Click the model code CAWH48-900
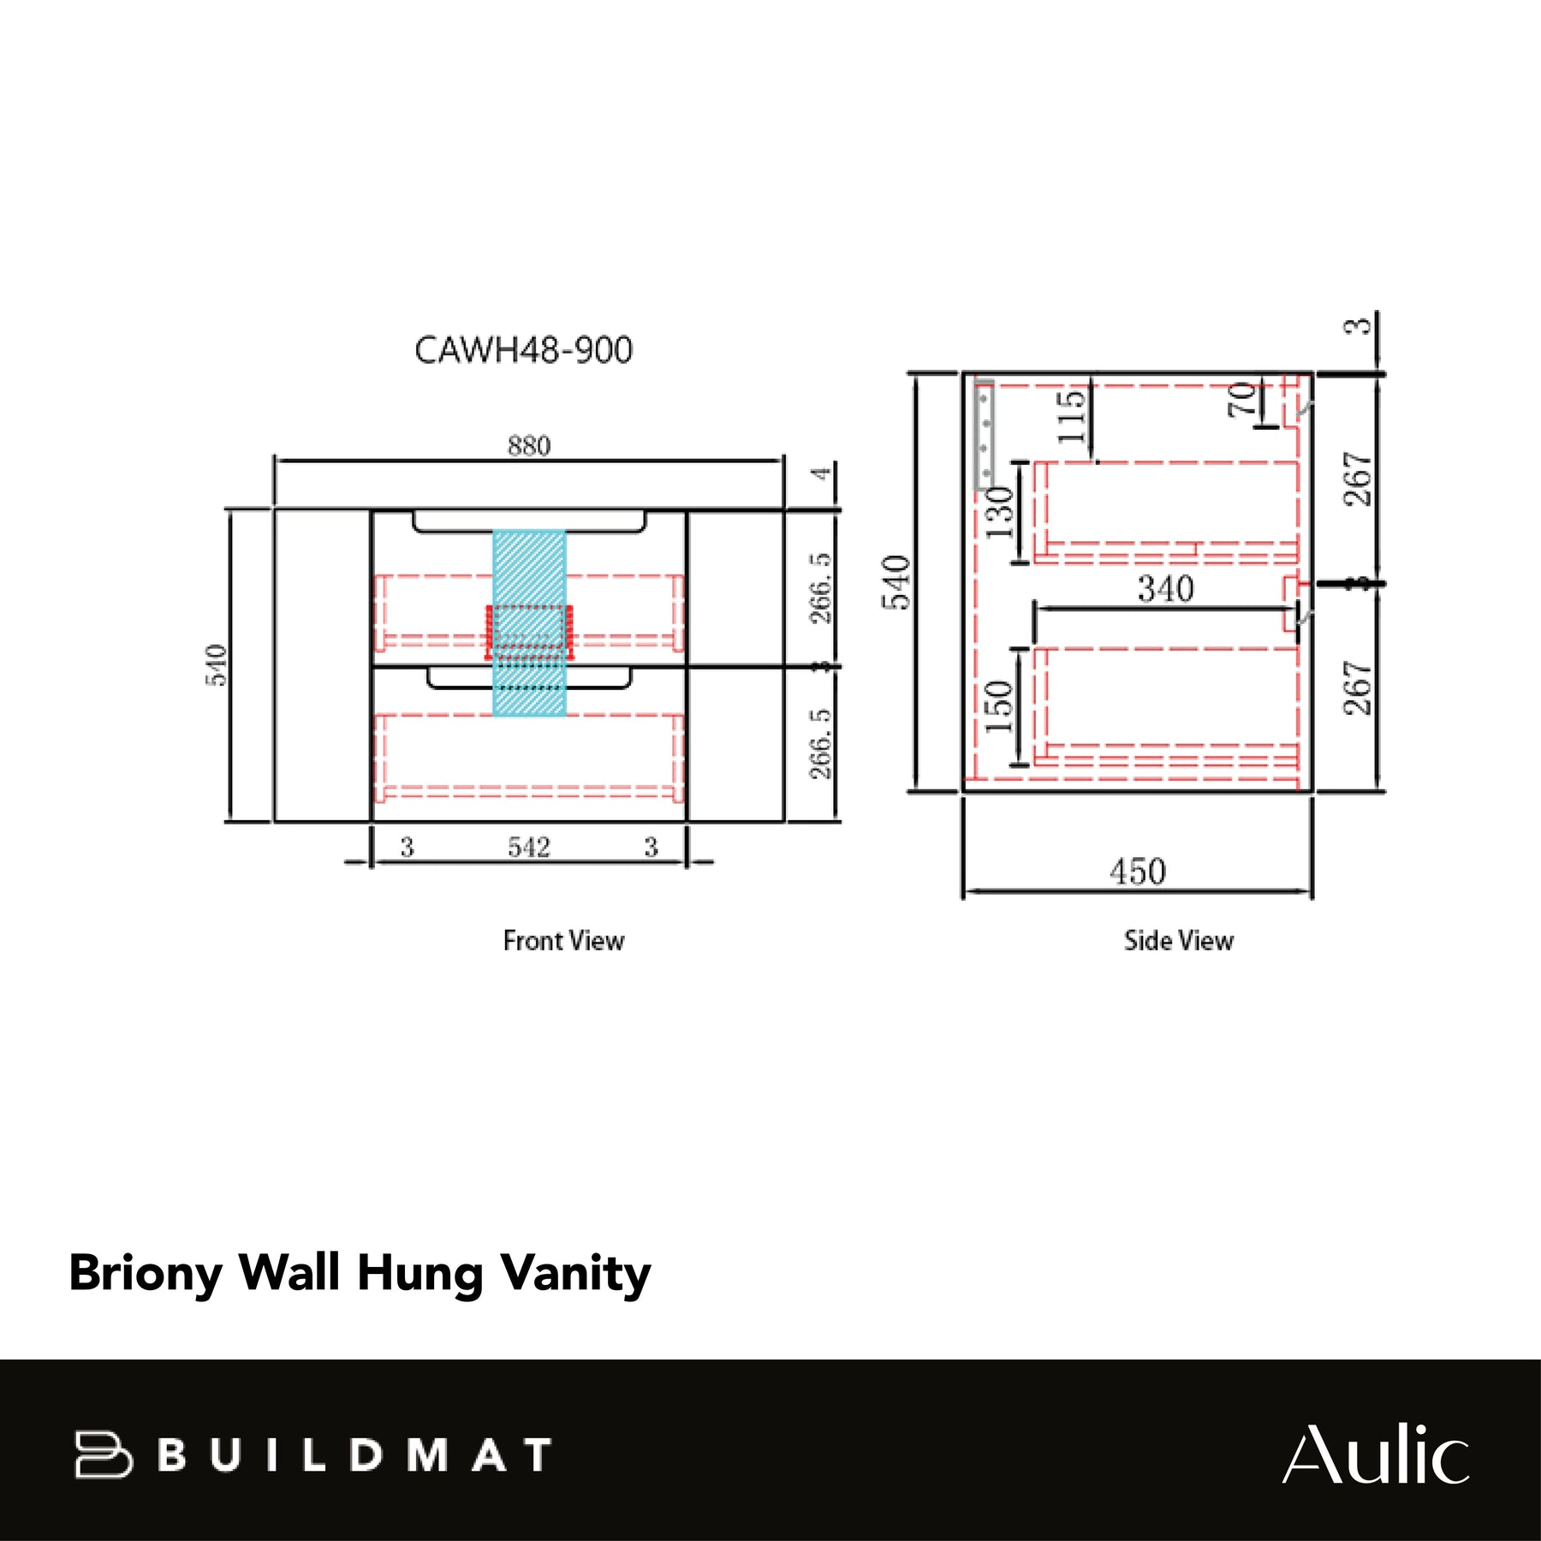pos(523,350)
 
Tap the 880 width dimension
pos(529,446)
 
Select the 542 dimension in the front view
pos(528,848)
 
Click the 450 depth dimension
pos(1138,872)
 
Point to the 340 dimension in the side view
pos(1166,589)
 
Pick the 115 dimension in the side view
pos(1072,416)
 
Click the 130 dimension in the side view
pos(1000,512)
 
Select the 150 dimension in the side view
pos(999,707)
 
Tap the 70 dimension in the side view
pos(1242,400)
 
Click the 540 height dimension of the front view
pos(217,665)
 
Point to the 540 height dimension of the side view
pos(896,582)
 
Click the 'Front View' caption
pos(563,941)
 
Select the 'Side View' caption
pos(1179,941)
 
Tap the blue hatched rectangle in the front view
pos(529,622)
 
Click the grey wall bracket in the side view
pos(985,436)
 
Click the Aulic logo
pos(1376,1454)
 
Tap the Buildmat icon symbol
pos(103,1455)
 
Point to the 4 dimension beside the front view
pos(822,473)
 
